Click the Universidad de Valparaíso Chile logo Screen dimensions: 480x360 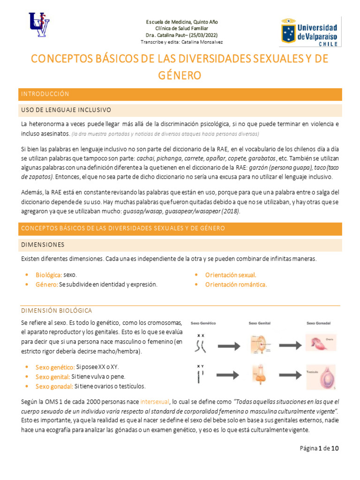pyautogui.click(x=310, y=32)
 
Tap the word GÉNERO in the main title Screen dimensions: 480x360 pyautogui.click(x=180, y=75)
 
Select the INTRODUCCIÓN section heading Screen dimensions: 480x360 pyautogui.click(x=45, y=94)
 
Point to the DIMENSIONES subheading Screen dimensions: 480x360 pyautogui.click(x=43, y=245)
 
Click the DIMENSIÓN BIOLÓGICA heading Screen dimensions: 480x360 pyautogui.click(x=57, y=311)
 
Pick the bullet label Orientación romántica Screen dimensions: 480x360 pyautogui.click(x=236, y=285)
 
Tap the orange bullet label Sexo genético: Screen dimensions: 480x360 pyautogui.click(x=55, y=366)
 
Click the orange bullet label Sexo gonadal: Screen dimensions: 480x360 pyautogui.click(x=53, y=386)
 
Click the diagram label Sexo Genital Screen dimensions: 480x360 pyautogui.click(x=259, y=323)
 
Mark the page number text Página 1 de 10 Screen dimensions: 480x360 pyautogui.click(x=319, y=448)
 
